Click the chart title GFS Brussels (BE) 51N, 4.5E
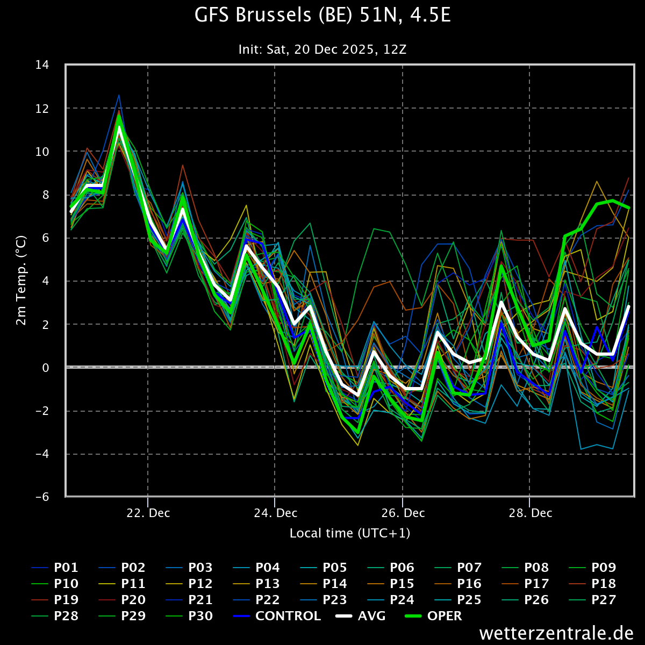[322, 16]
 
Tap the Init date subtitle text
[322, 49]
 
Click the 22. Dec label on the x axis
[148, 513]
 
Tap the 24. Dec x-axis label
[275, 513]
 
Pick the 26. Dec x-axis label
[403, 513]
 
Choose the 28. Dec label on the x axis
[530, 513]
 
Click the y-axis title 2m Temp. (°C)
[21, 280]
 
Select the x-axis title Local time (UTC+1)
[350, 533]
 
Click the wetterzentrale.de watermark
[556, 633]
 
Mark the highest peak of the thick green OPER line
[119, 116]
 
